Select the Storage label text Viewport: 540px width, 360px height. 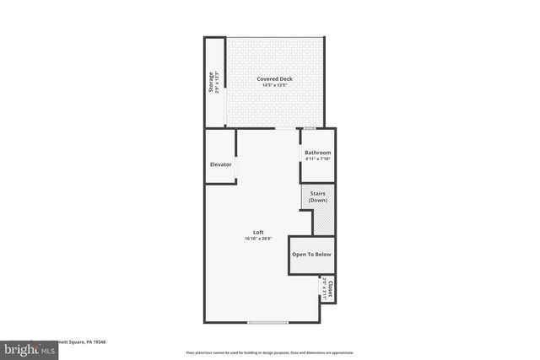pos(212,82)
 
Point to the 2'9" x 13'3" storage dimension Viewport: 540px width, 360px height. pos(218,82)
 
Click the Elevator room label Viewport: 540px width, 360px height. pos(220,164)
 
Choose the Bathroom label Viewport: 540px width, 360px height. pos(318,153)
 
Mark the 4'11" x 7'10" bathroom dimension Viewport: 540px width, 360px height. pos(318,159)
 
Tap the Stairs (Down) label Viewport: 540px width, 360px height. pos(318,197)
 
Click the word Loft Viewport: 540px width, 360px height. pos(258,233)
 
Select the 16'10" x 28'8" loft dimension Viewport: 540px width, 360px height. pos(258,239)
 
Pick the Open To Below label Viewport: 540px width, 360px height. pos(311,254)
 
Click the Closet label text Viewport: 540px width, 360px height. pos(330,287)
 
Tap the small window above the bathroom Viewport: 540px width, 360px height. pos(310,128)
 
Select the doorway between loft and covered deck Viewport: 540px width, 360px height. pos(286,128)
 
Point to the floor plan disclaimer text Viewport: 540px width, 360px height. pos(270,351)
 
